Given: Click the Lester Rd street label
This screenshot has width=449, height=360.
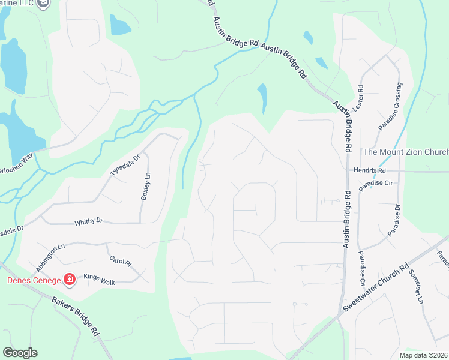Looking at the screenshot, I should click(x=361, y=96).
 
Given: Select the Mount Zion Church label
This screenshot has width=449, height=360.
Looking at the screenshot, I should click(x=406, y=152).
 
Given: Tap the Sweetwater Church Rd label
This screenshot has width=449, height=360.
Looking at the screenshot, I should click(x=376, y=287).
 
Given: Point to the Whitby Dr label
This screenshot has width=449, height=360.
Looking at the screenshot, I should click(x=89, y=221).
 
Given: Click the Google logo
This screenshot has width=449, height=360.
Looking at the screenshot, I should click(x=20, y=353).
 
